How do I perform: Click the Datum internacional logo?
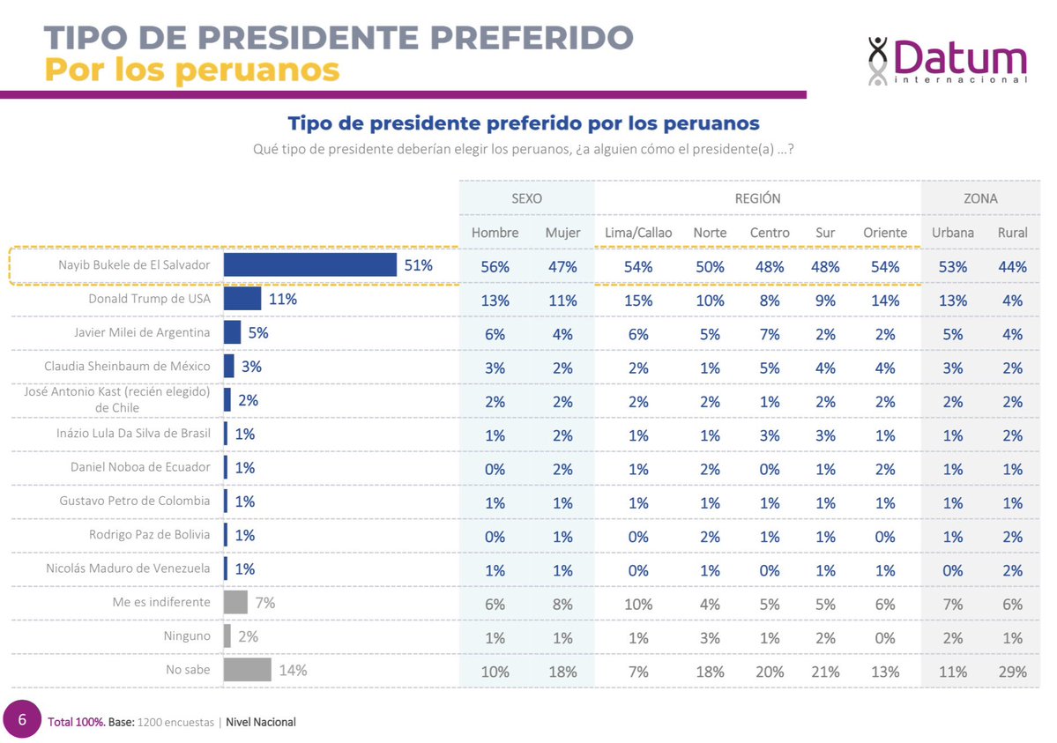tap(947, 61)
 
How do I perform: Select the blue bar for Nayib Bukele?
tap(309, 265)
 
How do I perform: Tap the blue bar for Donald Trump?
tap(242, 300)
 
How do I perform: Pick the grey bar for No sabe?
tap(248, 670)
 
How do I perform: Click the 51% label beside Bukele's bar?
tap(418, 265)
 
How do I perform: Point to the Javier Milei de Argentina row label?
tap(142, 333)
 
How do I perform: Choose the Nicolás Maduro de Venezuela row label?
tap(128, 568)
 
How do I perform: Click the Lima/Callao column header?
tap(638, 233)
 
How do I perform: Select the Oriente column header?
tap(884, 233)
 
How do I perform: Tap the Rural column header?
tap(1012, 233)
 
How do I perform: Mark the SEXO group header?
tap(526, 198)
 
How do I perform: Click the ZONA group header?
tap(980, 198)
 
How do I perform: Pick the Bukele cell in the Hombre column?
tap(495, 267)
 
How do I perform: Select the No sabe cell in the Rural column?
tap(1012, 672)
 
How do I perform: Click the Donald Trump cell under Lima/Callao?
tap(638, 301)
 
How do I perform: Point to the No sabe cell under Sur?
tap(825, 672)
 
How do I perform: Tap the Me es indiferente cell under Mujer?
tap(562, 605)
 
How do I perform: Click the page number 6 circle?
tap(22, 720)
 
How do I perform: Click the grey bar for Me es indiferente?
tap(235, 602)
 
